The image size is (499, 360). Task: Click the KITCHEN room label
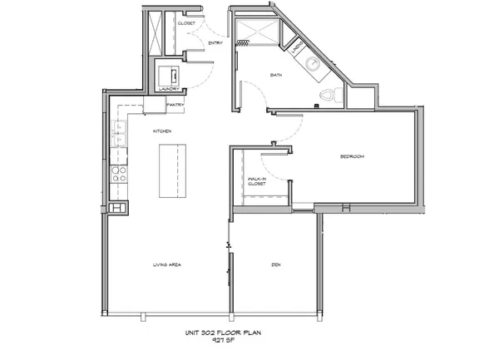(161, 131)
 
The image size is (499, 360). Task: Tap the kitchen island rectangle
(173, 170)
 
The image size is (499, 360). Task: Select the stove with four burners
(119, 175)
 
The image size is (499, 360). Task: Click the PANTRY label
(175, 106)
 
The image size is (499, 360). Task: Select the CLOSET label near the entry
(187, 23)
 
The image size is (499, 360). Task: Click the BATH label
(276, 76)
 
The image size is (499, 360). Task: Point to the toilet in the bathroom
(329, 97)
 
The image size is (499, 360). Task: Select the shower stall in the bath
(255, 34)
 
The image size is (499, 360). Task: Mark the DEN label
(275, 265)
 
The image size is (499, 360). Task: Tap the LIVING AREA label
(167, 265)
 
